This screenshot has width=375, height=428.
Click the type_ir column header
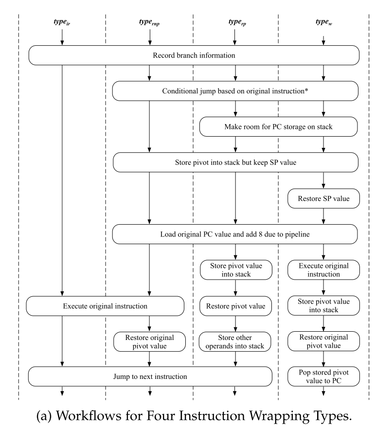coord(62,23)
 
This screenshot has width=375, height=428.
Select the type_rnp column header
coord(149,23)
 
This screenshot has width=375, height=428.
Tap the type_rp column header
coord(235,23)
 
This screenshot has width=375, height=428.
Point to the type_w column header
coord(323,23)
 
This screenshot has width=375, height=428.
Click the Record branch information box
coord(194,55)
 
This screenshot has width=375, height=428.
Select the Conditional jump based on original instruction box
coord(235,90)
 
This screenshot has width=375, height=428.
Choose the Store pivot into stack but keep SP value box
coord(235,162)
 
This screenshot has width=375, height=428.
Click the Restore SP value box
coord(323,198)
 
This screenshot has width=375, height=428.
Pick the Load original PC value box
coord(235,234)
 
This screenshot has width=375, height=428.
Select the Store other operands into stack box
coord(235,341)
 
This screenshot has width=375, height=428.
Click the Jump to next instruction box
coord(149,376)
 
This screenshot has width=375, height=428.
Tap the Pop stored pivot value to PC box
coord(323,376)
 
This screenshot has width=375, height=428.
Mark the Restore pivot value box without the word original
coord(235,306)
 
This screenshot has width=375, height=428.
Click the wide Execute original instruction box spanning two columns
coord(105,306)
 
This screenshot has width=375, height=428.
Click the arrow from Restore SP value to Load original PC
coord(323,216)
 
